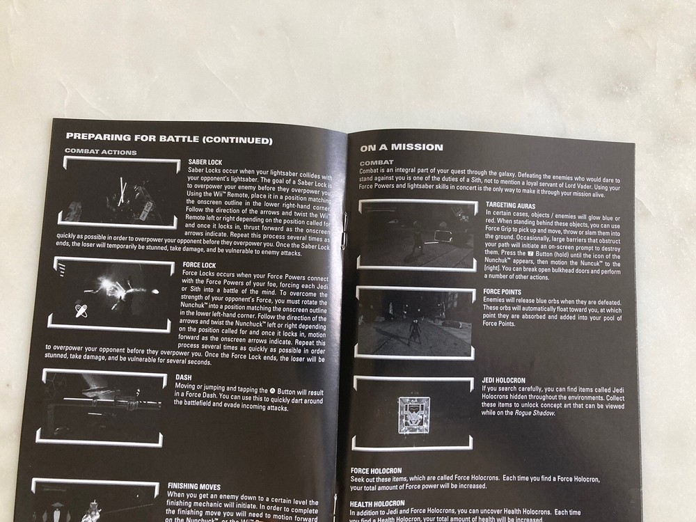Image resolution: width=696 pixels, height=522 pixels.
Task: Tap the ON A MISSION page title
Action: [x=402, y=147]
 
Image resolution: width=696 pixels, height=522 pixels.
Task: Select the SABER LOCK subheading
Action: [x=205, y=162]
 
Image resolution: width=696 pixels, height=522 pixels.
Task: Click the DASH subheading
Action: [x=184, y=379]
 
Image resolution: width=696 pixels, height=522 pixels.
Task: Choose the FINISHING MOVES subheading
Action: [x=194, y=487]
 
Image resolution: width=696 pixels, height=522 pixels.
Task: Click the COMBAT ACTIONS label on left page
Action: [x=101, y=152]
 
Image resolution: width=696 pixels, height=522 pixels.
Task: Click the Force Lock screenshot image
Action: [x=111, y=296]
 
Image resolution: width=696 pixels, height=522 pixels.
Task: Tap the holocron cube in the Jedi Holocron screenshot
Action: [x=413, y=416]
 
